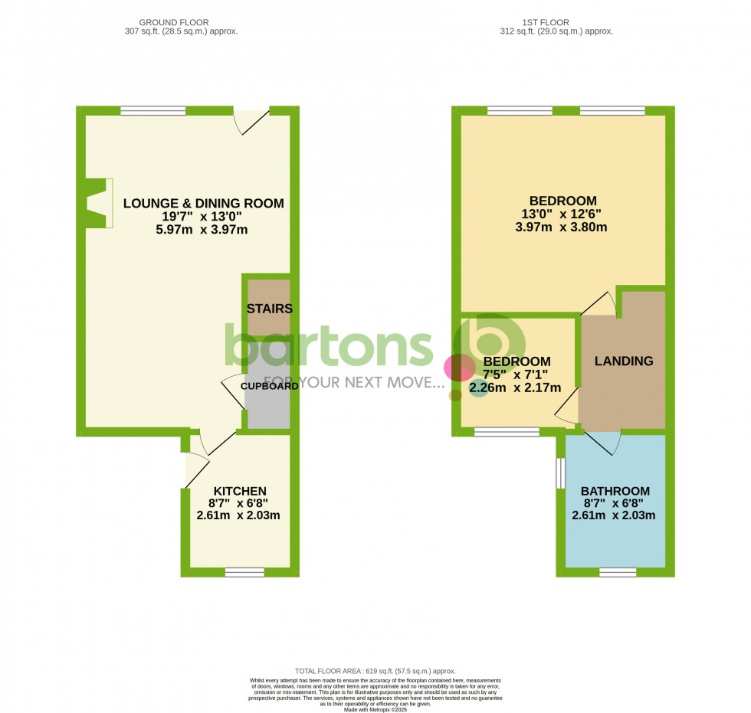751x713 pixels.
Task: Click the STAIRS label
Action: (269, 309)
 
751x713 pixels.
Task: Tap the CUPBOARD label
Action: (269, 386)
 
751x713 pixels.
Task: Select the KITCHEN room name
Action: (240, 491)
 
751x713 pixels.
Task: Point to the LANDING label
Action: (624, 361)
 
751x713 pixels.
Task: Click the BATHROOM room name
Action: (615, 491)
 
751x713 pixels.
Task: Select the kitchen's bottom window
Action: (244, 571)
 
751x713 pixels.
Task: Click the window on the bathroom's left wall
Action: (560, 473)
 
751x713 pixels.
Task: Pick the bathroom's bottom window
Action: (618, 571)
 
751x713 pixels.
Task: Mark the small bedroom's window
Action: (506, 432)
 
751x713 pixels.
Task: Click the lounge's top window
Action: (152, 111)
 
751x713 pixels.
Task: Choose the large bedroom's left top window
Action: (519, 111)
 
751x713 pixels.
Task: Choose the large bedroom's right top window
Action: (612, 111)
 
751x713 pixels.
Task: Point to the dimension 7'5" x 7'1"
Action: (516, 374)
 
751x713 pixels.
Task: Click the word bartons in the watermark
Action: (330, 346)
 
